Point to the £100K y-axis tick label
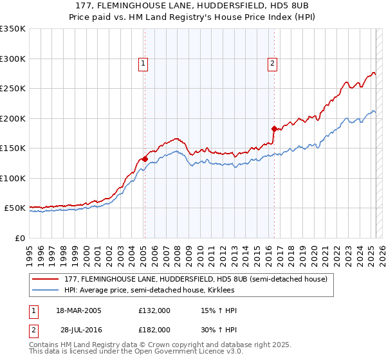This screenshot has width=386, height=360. click(x=13, y=178)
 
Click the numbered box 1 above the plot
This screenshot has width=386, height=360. click(x=142, y=63)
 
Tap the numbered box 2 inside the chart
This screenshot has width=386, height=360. click(x=273, y=63)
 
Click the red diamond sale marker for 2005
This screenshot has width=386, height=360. click(x=145, y=159)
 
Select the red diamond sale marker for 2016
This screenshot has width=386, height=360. click(x=274, y=129)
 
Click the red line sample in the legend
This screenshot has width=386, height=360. click(x=46, y=279)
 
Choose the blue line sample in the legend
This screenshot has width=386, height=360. click(x=46, y=290)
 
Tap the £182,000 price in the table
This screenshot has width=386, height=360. click(x=154, y=329)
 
